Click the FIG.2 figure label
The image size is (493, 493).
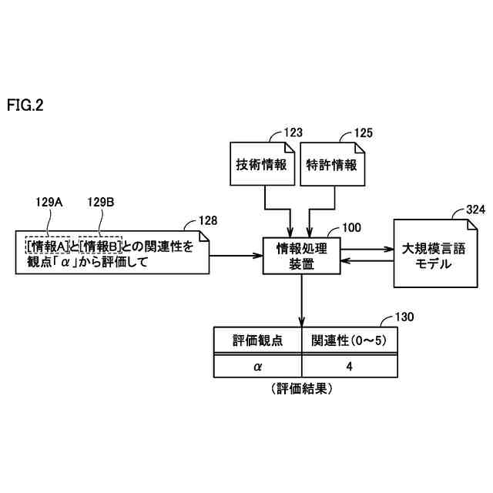25,106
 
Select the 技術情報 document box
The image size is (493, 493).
262,164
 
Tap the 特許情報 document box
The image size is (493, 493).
331,164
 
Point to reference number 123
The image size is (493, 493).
293,132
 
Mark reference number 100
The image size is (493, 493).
350,227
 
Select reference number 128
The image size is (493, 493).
208,220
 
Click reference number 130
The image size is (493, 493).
404,317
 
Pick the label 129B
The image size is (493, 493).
100,203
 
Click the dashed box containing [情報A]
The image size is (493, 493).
49,246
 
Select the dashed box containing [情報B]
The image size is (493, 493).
101,246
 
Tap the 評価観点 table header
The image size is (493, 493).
257,340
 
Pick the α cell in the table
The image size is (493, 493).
257,367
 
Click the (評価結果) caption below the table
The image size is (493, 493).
303,390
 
